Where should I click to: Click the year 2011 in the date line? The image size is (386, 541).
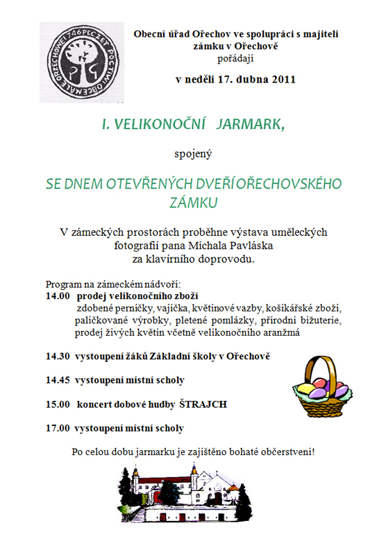[282, 79]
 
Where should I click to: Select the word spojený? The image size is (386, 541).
[192, 153]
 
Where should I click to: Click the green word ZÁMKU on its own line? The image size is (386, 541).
[194, 202]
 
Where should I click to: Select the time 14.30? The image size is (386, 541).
[58, 356]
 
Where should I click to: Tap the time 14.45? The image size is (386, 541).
[58, 379]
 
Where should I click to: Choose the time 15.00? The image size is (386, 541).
[58, 404]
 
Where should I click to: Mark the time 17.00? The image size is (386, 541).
[58, 427]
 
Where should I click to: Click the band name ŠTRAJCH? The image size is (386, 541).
[223, 404]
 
